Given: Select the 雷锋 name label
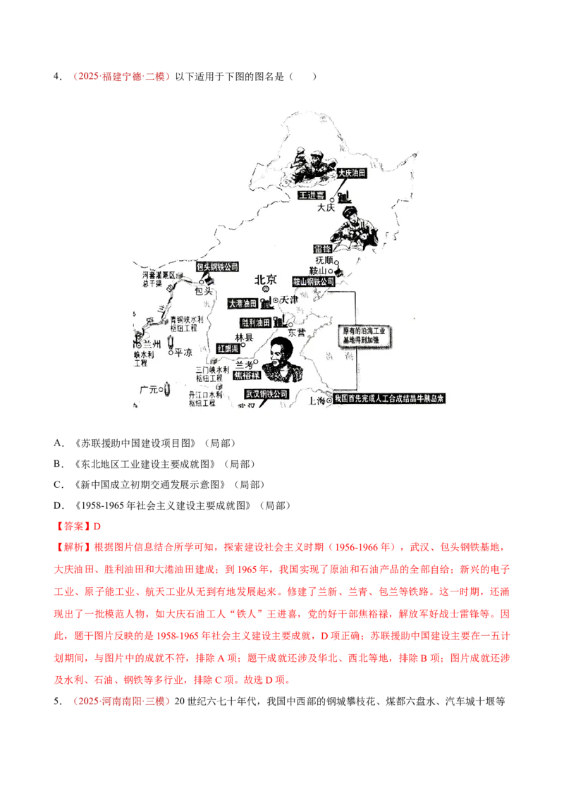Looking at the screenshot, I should [x=321, y=248].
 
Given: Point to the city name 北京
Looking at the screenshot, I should [x=266, y=277].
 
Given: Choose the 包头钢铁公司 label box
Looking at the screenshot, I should [x=218, y=267].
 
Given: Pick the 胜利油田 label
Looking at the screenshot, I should [x=257, y=322].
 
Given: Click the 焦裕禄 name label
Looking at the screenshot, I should [x=247, y=376].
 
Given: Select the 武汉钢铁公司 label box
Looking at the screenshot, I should [x=267, y=394].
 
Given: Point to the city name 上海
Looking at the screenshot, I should [x=318, y=400].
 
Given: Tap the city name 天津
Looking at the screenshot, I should [x=290, y=300].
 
